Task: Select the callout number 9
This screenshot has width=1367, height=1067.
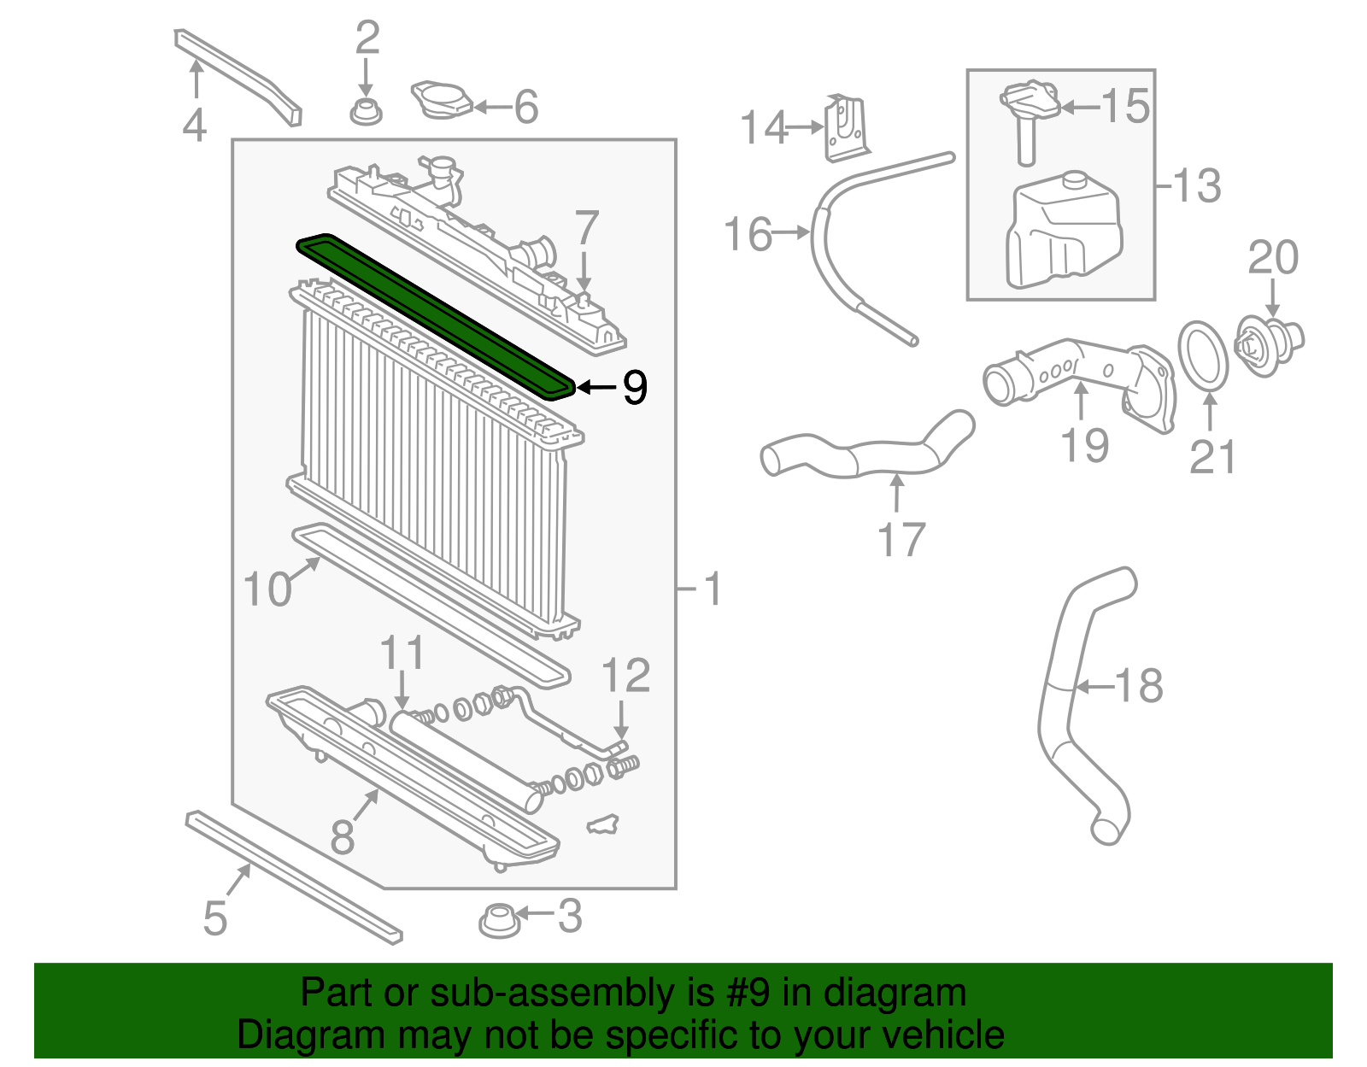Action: pos(635,387)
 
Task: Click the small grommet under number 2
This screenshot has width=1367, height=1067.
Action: pos(366,111)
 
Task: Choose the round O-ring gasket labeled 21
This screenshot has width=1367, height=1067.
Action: pos(1203,355)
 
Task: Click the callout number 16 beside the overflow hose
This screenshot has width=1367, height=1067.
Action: pos(748,234)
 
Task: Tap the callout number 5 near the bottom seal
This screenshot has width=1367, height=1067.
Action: pos(215,918)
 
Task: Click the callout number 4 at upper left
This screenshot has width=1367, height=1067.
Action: pos(195,125)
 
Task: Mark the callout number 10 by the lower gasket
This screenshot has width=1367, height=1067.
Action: pos(267,589)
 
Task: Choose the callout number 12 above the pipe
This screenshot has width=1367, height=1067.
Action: pos(626,676)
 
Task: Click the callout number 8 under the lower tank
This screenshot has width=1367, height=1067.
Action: pos(343,837)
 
